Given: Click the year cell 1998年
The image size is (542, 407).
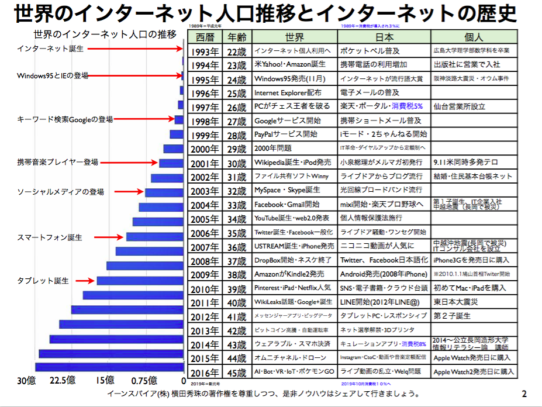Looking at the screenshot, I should [205, 120].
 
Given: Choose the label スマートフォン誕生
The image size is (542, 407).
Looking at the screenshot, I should [49, 238].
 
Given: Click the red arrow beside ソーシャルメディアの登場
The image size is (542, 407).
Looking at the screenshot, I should [129, 191].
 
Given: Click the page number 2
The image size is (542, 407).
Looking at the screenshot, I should [524, 394].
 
